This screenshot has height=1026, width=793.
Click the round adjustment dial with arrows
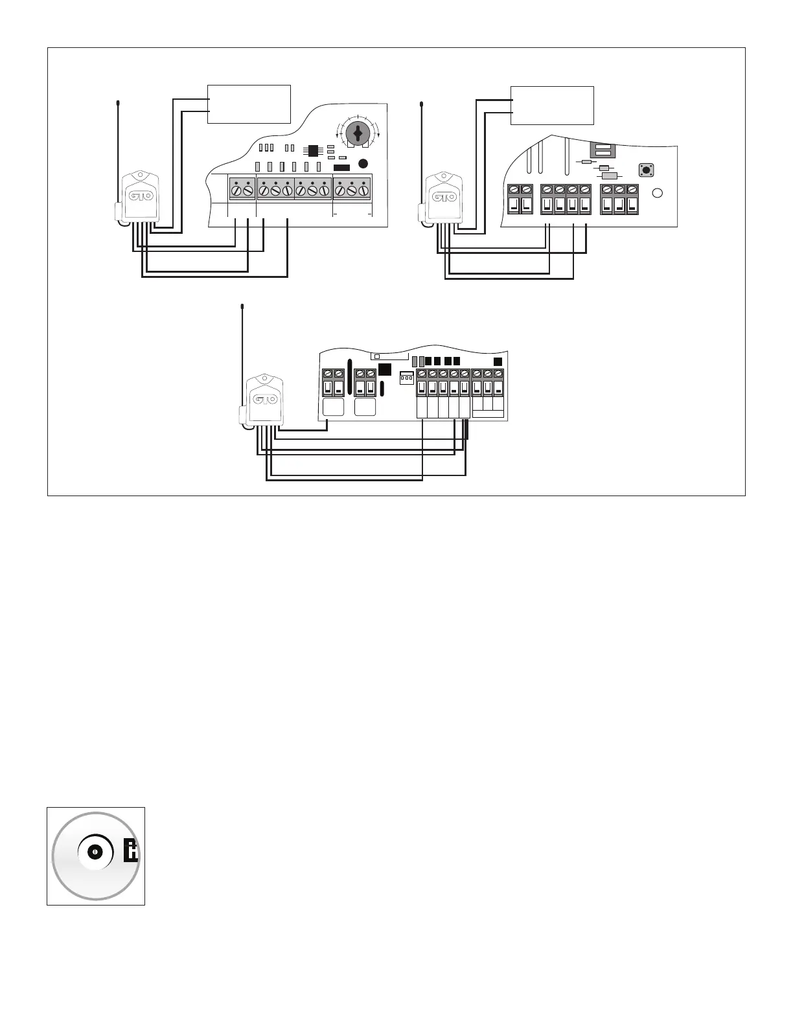357,133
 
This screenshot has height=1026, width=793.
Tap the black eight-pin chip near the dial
314,150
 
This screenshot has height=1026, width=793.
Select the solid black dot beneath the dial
363,164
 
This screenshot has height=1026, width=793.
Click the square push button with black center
646,170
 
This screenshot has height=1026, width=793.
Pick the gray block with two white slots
603,150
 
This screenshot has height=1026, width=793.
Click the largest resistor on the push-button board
610,176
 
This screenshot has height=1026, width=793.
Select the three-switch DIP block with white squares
406,378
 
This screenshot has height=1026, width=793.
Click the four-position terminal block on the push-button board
566,199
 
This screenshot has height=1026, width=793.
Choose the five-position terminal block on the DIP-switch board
443,383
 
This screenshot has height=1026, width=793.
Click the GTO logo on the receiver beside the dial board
141,196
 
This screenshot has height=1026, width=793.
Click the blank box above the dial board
249,104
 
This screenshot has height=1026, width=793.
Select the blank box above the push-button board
552,105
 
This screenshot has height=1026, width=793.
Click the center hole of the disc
95,852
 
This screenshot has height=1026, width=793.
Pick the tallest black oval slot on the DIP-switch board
350,376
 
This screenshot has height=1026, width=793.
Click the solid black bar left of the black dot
341,168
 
